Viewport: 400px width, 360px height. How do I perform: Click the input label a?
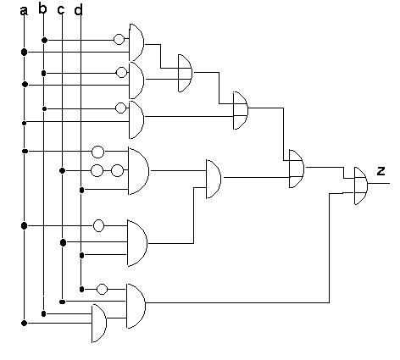24,11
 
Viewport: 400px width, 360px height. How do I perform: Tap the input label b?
42,8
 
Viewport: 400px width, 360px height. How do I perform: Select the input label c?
61,9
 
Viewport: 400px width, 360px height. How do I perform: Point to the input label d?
78,9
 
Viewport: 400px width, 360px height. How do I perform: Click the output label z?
381,171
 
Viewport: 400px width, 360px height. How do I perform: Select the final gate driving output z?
361,186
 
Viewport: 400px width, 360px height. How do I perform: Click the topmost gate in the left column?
136,42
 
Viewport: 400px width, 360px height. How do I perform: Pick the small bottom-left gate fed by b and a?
99,323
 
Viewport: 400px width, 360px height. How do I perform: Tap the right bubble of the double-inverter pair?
117,171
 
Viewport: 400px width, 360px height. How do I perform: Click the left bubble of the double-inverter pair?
97,171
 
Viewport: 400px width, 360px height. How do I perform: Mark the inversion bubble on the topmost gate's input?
119,39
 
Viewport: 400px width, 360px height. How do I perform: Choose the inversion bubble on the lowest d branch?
102,289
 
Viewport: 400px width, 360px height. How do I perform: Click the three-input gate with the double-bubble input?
138,171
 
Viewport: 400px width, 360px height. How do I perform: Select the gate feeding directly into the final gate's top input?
297,169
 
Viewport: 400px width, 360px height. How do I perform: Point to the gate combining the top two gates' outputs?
186,73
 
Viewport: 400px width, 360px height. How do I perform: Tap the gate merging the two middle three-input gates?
214,179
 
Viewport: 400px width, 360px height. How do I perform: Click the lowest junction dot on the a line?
25,323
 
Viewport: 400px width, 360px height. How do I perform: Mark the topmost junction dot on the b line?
44,41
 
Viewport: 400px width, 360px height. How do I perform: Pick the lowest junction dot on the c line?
63,302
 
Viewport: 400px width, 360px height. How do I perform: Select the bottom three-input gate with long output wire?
136,306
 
